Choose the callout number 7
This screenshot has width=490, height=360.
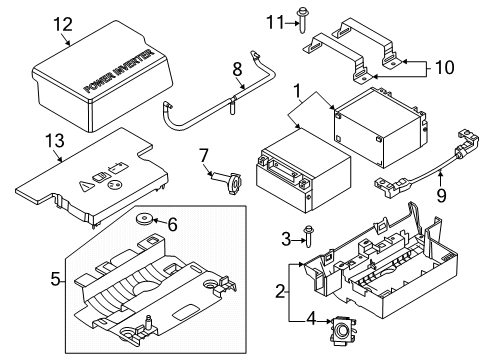click(x=203, y=154)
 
